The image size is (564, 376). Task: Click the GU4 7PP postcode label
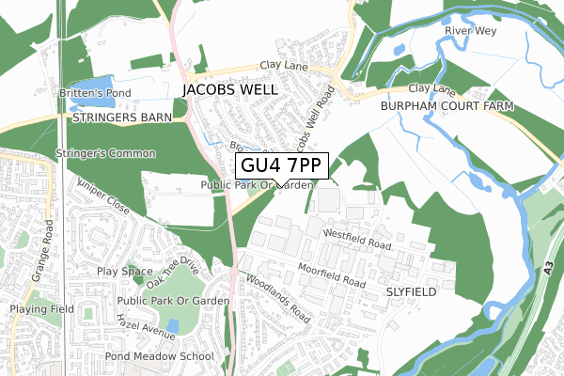coord(281,166)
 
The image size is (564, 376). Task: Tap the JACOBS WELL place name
coord(230,90)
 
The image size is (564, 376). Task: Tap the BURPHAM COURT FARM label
coord(447,107)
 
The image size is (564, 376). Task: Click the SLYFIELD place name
coord(411,292)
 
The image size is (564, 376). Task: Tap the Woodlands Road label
coord(279,298)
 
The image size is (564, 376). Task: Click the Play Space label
coord(124,272)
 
